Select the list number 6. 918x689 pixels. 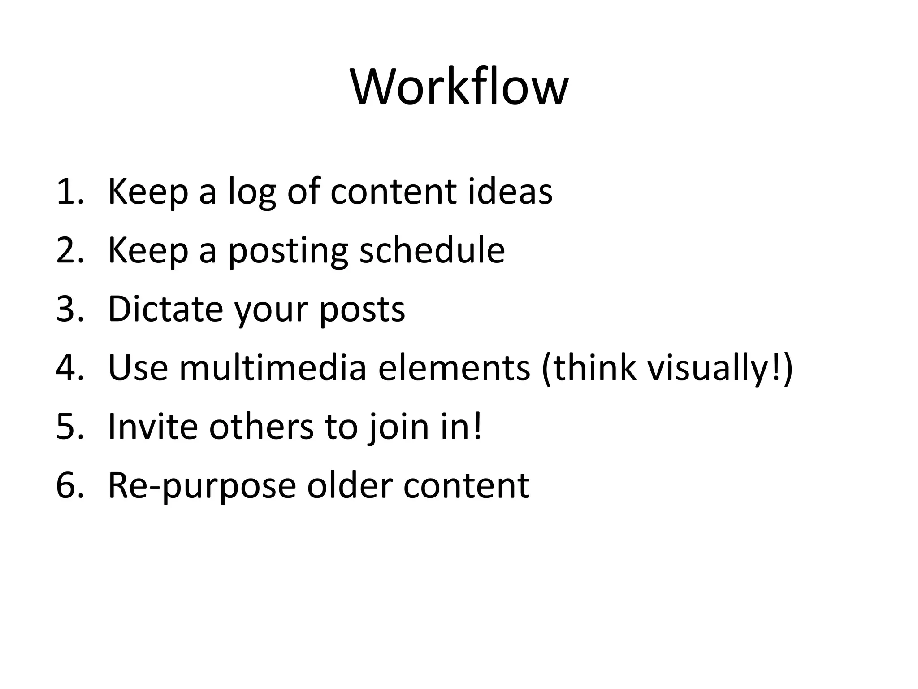69,485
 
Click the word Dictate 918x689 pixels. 165,309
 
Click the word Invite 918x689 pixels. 153,427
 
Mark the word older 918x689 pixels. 350,485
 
